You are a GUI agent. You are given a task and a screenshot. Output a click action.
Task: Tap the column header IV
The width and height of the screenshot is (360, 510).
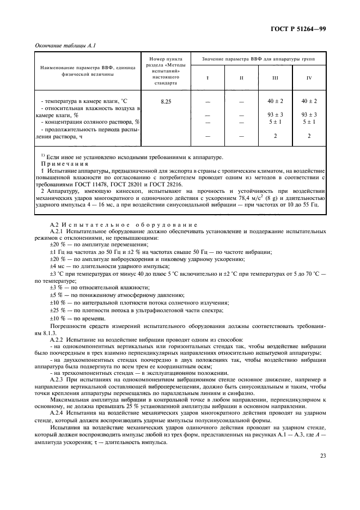309,78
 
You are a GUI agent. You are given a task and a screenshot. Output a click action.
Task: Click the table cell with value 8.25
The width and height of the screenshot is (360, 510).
166,101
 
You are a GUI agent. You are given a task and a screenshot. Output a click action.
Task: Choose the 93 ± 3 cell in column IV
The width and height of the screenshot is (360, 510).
309,115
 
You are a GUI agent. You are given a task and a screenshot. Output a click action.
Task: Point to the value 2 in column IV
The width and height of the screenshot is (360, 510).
309,136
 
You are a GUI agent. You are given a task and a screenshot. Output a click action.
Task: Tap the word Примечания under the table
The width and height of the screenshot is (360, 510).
64,163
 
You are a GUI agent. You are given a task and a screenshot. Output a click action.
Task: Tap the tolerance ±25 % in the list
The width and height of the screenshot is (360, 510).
59,309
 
